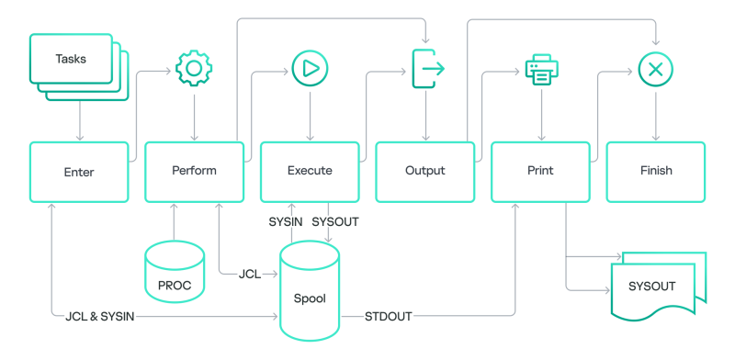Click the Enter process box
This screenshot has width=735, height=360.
(x=79, y=172)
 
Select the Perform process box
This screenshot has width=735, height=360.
(x=194, y=172)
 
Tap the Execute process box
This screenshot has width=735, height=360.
(x=310, y=172)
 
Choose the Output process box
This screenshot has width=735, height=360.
(x=424, y=172)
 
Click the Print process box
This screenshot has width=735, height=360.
(x=540, y=172)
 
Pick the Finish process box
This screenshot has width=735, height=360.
(x=656, y=172)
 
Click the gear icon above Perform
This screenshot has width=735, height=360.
(x=194, y=69)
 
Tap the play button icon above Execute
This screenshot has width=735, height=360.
(x=310, y=69)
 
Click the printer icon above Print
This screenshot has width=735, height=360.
(x=541, y=69)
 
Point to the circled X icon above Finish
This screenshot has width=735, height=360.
(x=656, y=69)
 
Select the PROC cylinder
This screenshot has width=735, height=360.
(x=175, y=273)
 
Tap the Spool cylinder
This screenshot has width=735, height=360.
(x=310, y=292)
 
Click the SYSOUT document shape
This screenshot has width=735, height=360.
(x=658, y=287)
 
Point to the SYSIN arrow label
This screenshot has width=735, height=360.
(x=285, y=222)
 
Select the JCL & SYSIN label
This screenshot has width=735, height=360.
(x=100, y=317)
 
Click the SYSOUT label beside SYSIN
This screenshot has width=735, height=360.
(x=334, y=222)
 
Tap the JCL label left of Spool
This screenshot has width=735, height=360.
(x=249, y=274)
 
